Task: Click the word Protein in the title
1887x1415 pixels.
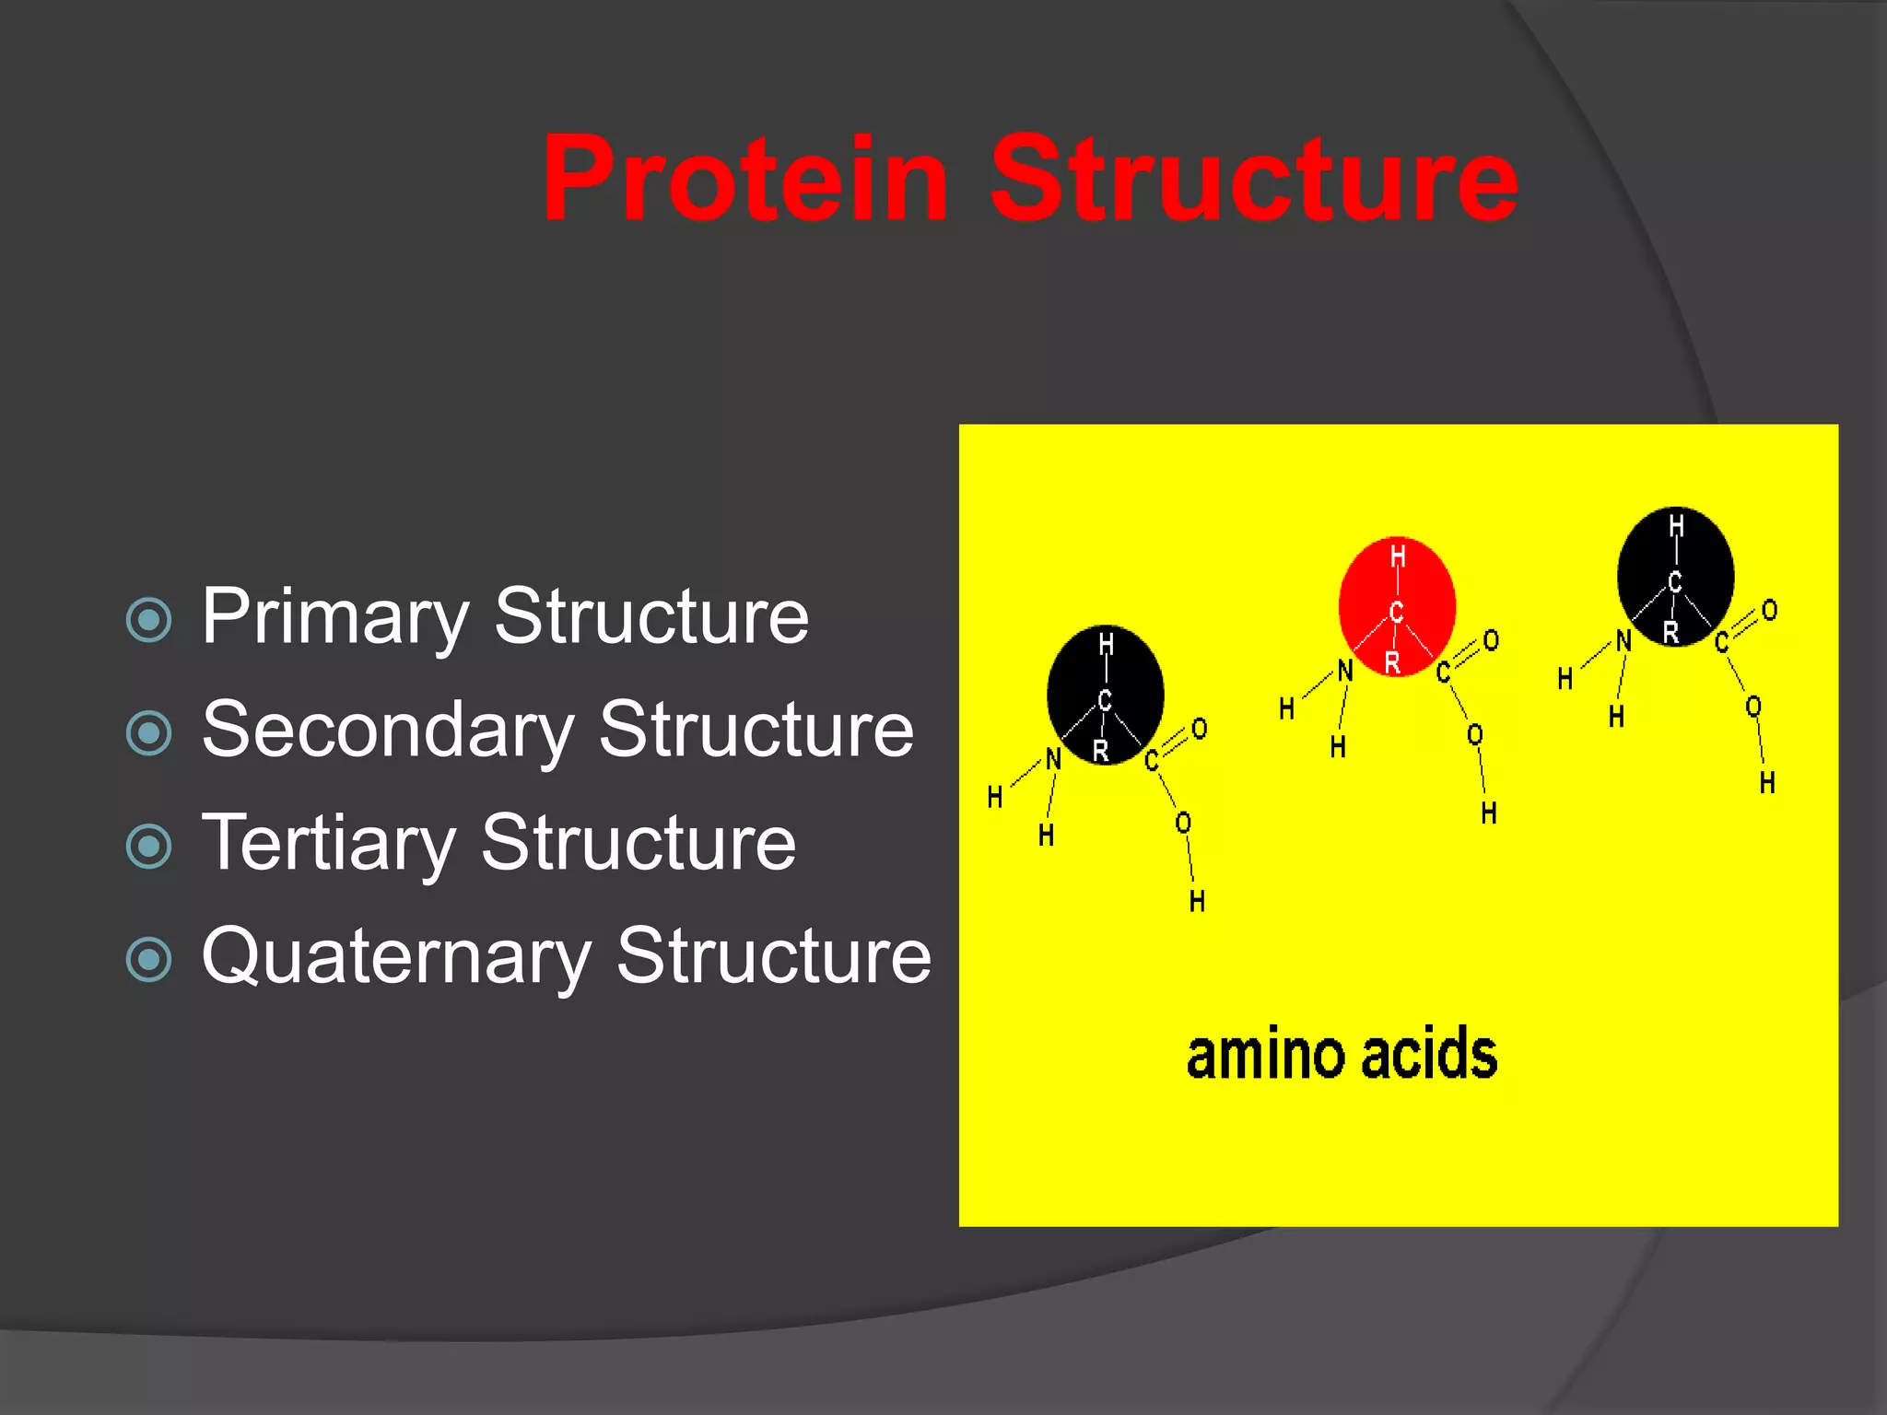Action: pos(744,180)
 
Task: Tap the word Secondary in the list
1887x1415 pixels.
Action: pos(387,730)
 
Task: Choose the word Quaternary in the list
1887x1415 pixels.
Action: pos(396,956)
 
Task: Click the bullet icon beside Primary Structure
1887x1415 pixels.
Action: pos(148,620)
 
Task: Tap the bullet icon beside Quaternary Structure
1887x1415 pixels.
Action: pos(148,959)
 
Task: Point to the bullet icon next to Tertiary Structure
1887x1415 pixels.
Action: pos(148,846)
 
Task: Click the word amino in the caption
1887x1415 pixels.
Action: pos(1266,1055)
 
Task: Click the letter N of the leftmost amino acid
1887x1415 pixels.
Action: pos(1053,759)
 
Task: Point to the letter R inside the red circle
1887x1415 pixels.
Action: pos(1392,661)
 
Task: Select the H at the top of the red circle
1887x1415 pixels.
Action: pos(1398,556)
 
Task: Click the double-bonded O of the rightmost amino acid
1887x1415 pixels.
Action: pos(1769,610)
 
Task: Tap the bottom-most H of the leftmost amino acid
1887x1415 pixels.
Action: pos(1197,900)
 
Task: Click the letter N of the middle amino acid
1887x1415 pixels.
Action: pos(1345,671)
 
